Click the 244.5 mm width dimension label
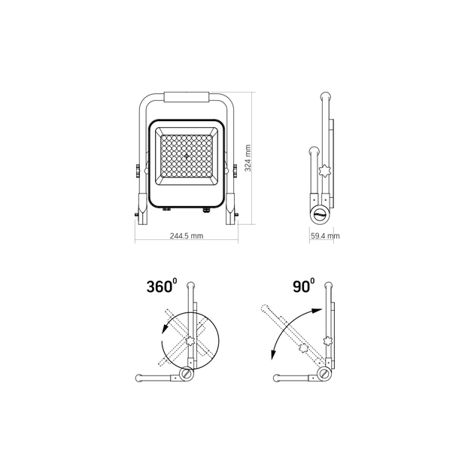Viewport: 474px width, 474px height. pos(187,235)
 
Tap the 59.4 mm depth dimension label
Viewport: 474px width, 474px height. pos(324,235)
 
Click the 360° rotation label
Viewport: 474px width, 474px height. pos(162,287)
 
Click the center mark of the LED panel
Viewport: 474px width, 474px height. pos(186,156)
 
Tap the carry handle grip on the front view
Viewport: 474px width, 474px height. pos(186,98)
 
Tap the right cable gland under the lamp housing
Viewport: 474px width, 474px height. pos(202,211)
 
